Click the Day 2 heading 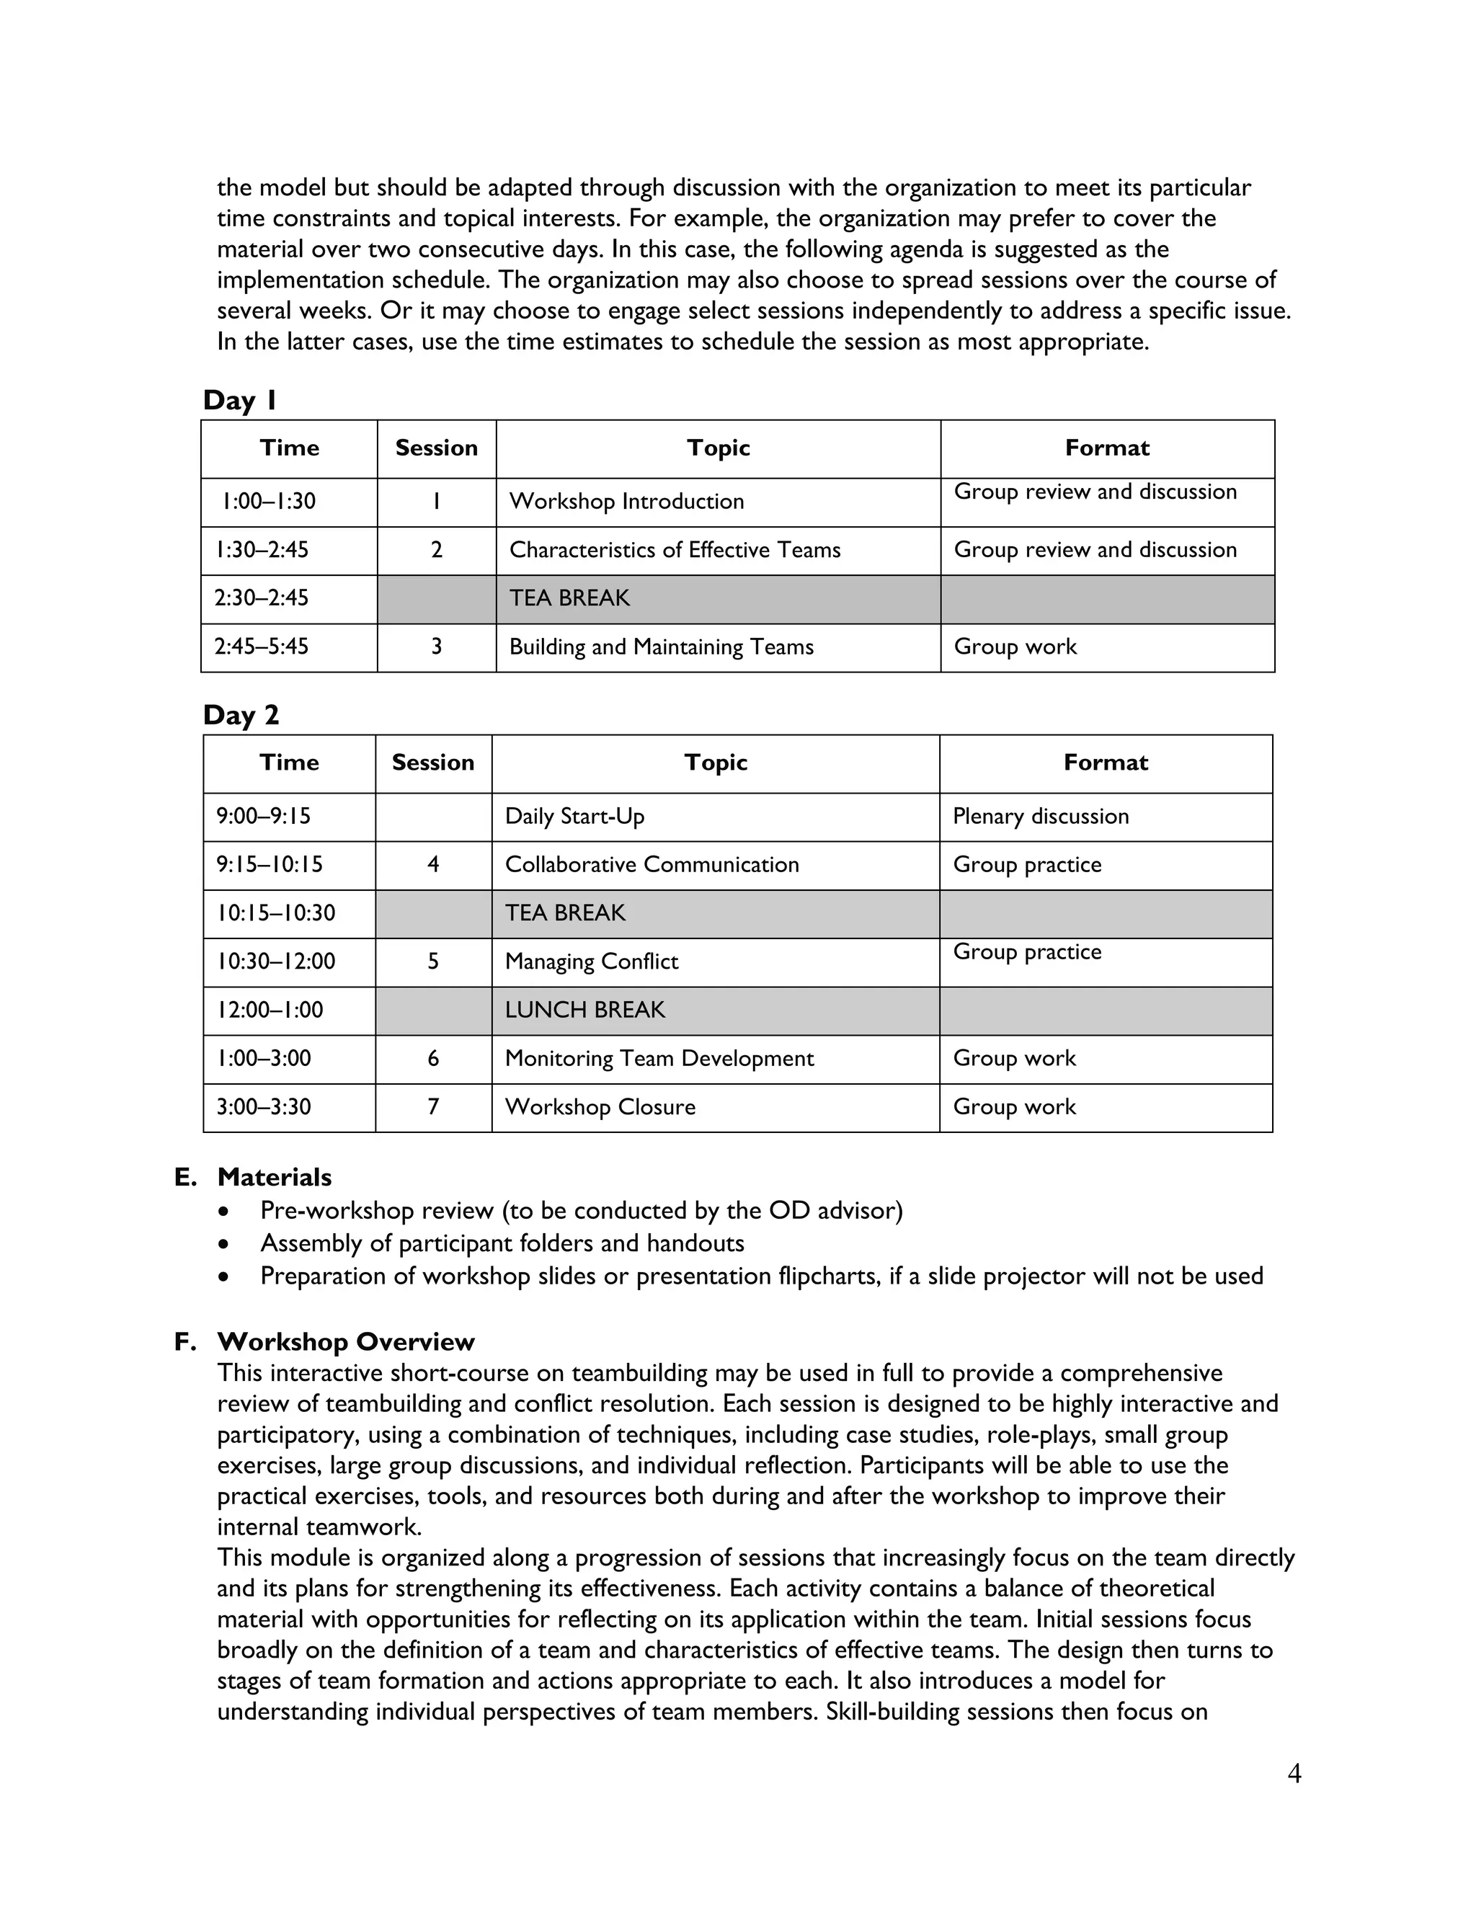(241, 716)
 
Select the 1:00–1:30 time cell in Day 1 (270, 502)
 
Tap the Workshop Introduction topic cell (626, 502)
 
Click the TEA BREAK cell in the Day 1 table (569, 598)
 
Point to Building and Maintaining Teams (661, 647)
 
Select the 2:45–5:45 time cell (262, 647)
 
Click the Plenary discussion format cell (1041, 817)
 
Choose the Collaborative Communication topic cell (652, 865)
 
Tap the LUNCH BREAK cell (585, 1010)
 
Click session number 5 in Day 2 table (433, 962)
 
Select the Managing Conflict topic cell (591, 962)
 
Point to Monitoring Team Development (659, 1059)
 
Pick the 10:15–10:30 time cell (276, 914)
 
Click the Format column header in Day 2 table (1106, 763)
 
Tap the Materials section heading (274, 1177)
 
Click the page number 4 (1294, 1774)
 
